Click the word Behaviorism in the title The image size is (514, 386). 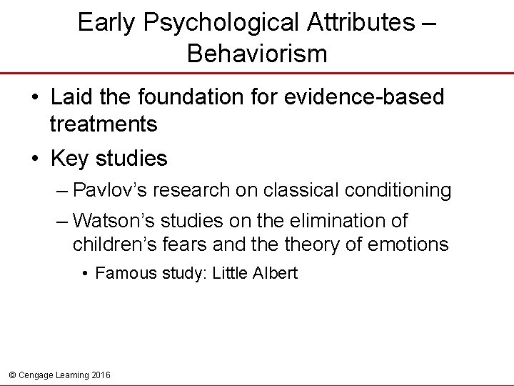(257, 53)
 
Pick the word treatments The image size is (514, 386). (104, 124)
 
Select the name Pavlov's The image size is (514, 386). (111, 191)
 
